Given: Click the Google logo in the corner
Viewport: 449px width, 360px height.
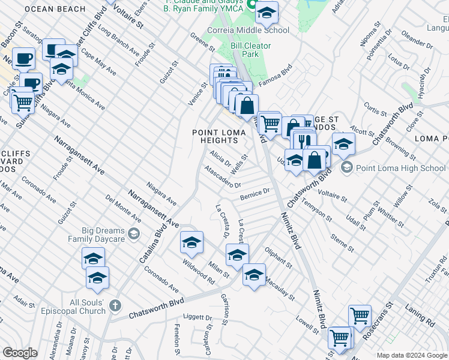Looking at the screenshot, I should (x=20, y=353).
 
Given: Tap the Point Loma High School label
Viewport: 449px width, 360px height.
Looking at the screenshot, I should (x=400, y=168).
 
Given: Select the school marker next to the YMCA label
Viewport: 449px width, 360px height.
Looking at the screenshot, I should (x=267, y=12).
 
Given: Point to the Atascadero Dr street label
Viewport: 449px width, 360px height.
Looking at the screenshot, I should (x=223, y=177).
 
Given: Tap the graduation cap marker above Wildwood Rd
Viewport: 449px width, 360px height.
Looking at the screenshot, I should (x=191, y=242).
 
